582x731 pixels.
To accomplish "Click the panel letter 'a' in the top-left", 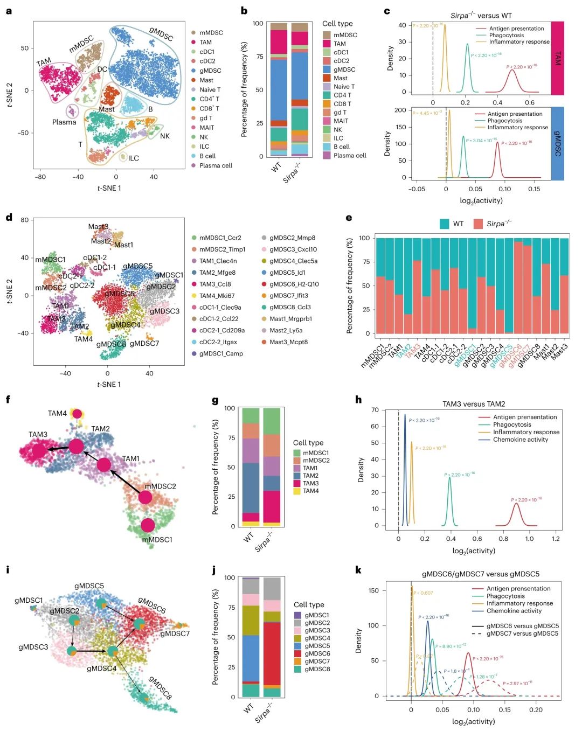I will pos(9,11).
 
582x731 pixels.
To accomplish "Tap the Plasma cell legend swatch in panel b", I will pos(327,155).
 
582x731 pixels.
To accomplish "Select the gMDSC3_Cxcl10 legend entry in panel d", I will pos(293,249).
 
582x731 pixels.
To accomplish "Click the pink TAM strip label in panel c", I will pos(557,58).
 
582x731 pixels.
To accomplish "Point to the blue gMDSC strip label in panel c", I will pos(557,143).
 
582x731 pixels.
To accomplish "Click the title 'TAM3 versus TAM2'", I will pos(474,404).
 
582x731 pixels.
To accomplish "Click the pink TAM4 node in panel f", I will pos(77,414).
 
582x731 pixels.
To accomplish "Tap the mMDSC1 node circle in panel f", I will pos(148,525).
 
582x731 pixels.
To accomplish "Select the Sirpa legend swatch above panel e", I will pos(478,224).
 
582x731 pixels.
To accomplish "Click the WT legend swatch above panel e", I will pos(445,224).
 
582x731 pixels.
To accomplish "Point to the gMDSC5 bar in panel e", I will pos(508,286).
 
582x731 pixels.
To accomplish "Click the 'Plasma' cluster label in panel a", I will pos(64,122).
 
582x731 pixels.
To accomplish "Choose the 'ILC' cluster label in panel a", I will pos(133,158).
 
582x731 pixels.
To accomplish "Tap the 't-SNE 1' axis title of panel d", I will pos(109,384).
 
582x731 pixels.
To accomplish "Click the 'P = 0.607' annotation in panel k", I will pos(424,593).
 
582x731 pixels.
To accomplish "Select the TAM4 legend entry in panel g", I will pos(310,491).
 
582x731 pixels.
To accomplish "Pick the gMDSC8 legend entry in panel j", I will pos(317,669).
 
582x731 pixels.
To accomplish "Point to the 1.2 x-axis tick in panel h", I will pos(556,538).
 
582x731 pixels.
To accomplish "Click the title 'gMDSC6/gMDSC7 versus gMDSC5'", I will pos(480,574).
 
